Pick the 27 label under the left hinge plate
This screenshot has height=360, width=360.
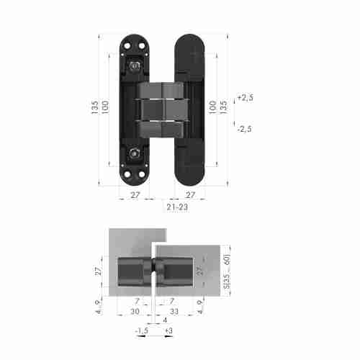click(135, 194)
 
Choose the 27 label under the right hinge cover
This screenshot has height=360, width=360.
click(191, 194)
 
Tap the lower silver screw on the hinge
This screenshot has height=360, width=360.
click(135, 152)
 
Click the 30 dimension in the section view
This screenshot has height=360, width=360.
click(135, 312)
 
